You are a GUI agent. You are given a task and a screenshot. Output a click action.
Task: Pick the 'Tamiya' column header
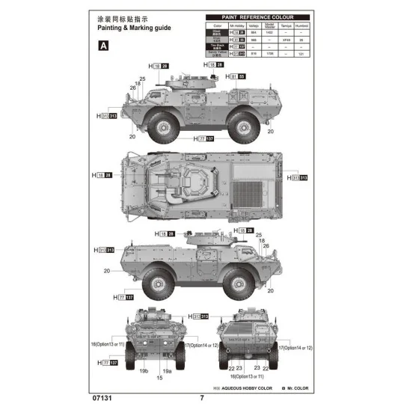point(281,25)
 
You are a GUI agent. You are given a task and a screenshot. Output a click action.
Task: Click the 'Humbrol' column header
point(302,25)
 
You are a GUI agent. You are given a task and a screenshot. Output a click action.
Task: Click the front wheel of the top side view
point(160,126)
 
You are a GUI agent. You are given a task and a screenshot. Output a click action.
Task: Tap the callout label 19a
point(168,370)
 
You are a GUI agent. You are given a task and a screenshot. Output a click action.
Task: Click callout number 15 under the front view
point(159,378)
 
